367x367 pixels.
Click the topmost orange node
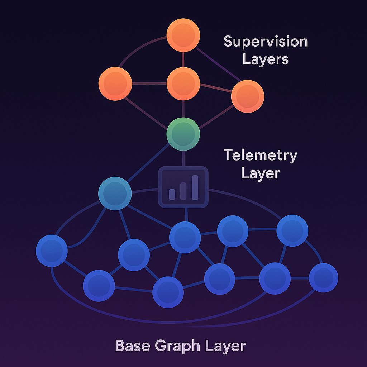coord(183,35)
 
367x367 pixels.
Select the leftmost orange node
coord(115,84)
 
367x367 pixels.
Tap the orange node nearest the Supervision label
coord(247,96)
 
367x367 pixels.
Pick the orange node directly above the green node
coord(183,84)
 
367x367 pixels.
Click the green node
coord(183,134)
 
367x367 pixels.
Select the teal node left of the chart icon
coord(115,194)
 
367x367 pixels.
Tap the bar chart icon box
coord(183,187)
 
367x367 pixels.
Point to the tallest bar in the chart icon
coord(195,187)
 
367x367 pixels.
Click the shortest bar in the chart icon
coord(172,194)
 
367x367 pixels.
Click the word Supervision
coord(266,41)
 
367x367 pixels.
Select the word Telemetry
coord(261,156)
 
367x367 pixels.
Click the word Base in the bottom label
coord(133,346)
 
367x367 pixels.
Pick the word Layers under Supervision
coord(265,59)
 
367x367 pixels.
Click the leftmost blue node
coord(52,251)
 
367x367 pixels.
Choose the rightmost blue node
coord(323,278)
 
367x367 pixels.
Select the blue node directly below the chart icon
coord(185,237)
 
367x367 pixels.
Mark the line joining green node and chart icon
coord(183,158)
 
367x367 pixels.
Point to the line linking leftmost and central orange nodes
coord(149,84)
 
